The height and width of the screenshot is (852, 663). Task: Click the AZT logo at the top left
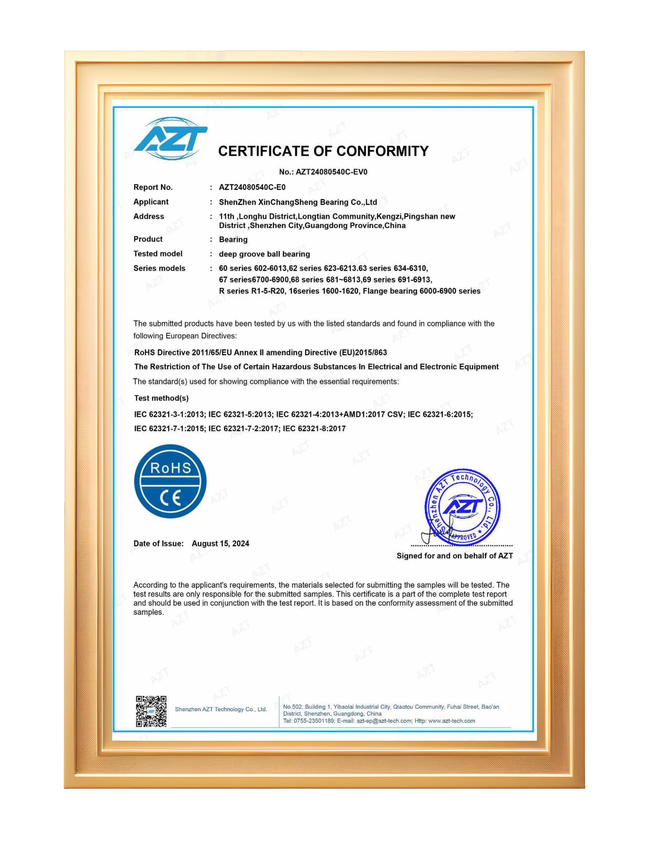click(x=170, y=138)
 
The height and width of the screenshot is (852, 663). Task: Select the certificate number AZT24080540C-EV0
click(x=331, y=172)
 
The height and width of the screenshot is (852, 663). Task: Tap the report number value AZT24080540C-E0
click(x=252, y=187)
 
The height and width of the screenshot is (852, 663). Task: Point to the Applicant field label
click(x=151, y=202)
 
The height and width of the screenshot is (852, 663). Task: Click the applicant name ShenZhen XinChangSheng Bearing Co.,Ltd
click(x=298, y=202)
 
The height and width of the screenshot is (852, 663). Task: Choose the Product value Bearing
click(x=233, y=240)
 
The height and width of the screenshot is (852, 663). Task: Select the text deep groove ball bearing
click(x=264, y=254)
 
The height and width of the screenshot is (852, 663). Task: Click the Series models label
click(x=159, y=268)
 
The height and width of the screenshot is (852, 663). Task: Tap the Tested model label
click(x=158, y=254)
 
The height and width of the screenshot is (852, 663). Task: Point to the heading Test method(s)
click(x=161, y=398)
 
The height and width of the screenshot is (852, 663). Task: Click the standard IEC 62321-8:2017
click(x=314, y=429)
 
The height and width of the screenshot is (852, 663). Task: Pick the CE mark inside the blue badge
click(x=170, y=498)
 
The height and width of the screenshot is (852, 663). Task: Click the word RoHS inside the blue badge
click(x=170, y=468)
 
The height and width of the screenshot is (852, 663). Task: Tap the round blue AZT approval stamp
click(x=463, y=507)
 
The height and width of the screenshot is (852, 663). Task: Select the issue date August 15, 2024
click(x=220, y=544)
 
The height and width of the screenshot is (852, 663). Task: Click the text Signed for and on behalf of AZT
click(x=455, y=556)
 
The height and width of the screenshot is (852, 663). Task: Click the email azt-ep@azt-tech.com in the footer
click(x=384, y=721)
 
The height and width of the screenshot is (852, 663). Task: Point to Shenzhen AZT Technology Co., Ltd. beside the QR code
click(x=221, y=709)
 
